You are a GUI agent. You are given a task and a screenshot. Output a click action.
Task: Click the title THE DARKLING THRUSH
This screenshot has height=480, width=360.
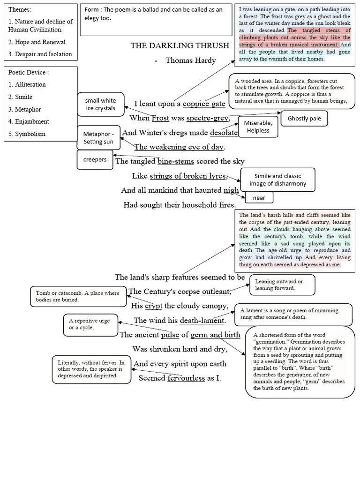tap(180, 45)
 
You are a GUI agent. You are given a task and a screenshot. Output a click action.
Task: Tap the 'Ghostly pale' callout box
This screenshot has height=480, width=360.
tap(304, 118)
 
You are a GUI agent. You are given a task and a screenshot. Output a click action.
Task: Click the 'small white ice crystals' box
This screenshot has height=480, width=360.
tap(100, 104)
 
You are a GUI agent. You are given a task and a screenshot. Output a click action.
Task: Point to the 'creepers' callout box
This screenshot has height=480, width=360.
tap(95, 159)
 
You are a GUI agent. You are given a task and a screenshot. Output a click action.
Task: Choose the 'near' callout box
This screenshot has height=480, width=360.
tap(259, 198)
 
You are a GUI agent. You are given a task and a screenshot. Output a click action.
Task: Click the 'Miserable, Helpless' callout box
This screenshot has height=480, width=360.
tap(258, 127)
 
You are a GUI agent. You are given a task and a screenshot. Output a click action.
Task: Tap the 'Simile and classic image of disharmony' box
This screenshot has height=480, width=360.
tap(277, 180)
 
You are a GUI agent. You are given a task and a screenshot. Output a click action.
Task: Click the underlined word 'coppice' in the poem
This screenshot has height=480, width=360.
tap(196, 104)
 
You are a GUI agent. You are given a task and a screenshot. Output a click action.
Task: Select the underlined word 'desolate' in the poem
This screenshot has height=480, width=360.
tap(224, 132)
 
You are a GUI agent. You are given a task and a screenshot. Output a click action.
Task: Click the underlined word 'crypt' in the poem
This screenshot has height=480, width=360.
tap(153, 306)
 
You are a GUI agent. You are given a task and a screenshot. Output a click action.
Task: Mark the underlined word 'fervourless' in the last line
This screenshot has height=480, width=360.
tap(186, 378)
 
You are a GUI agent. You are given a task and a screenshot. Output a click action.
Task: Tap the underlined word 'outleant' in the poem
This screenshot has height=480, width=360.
tap(216, 292)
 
